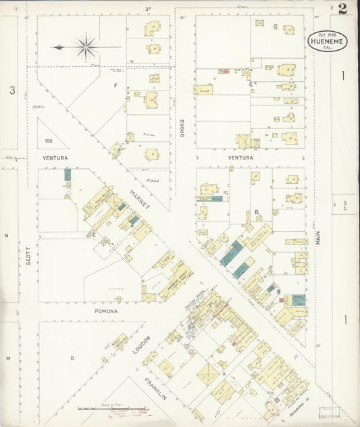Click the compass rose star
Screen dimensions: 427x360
click(x=86, y=47)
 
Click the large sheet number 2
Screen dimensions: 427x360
click(x=343, y=9)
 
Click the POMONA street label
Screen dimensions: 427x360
click(x=105, y=311)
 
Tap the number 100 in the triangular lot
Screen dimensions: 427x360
click(x=48, y=141)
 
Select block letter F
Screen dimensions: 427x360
click(x=115, y=86)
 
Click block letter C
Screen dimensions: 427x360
click(x=251, y=84)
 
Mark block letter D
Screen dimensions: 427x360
click(x=72, y=359)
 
